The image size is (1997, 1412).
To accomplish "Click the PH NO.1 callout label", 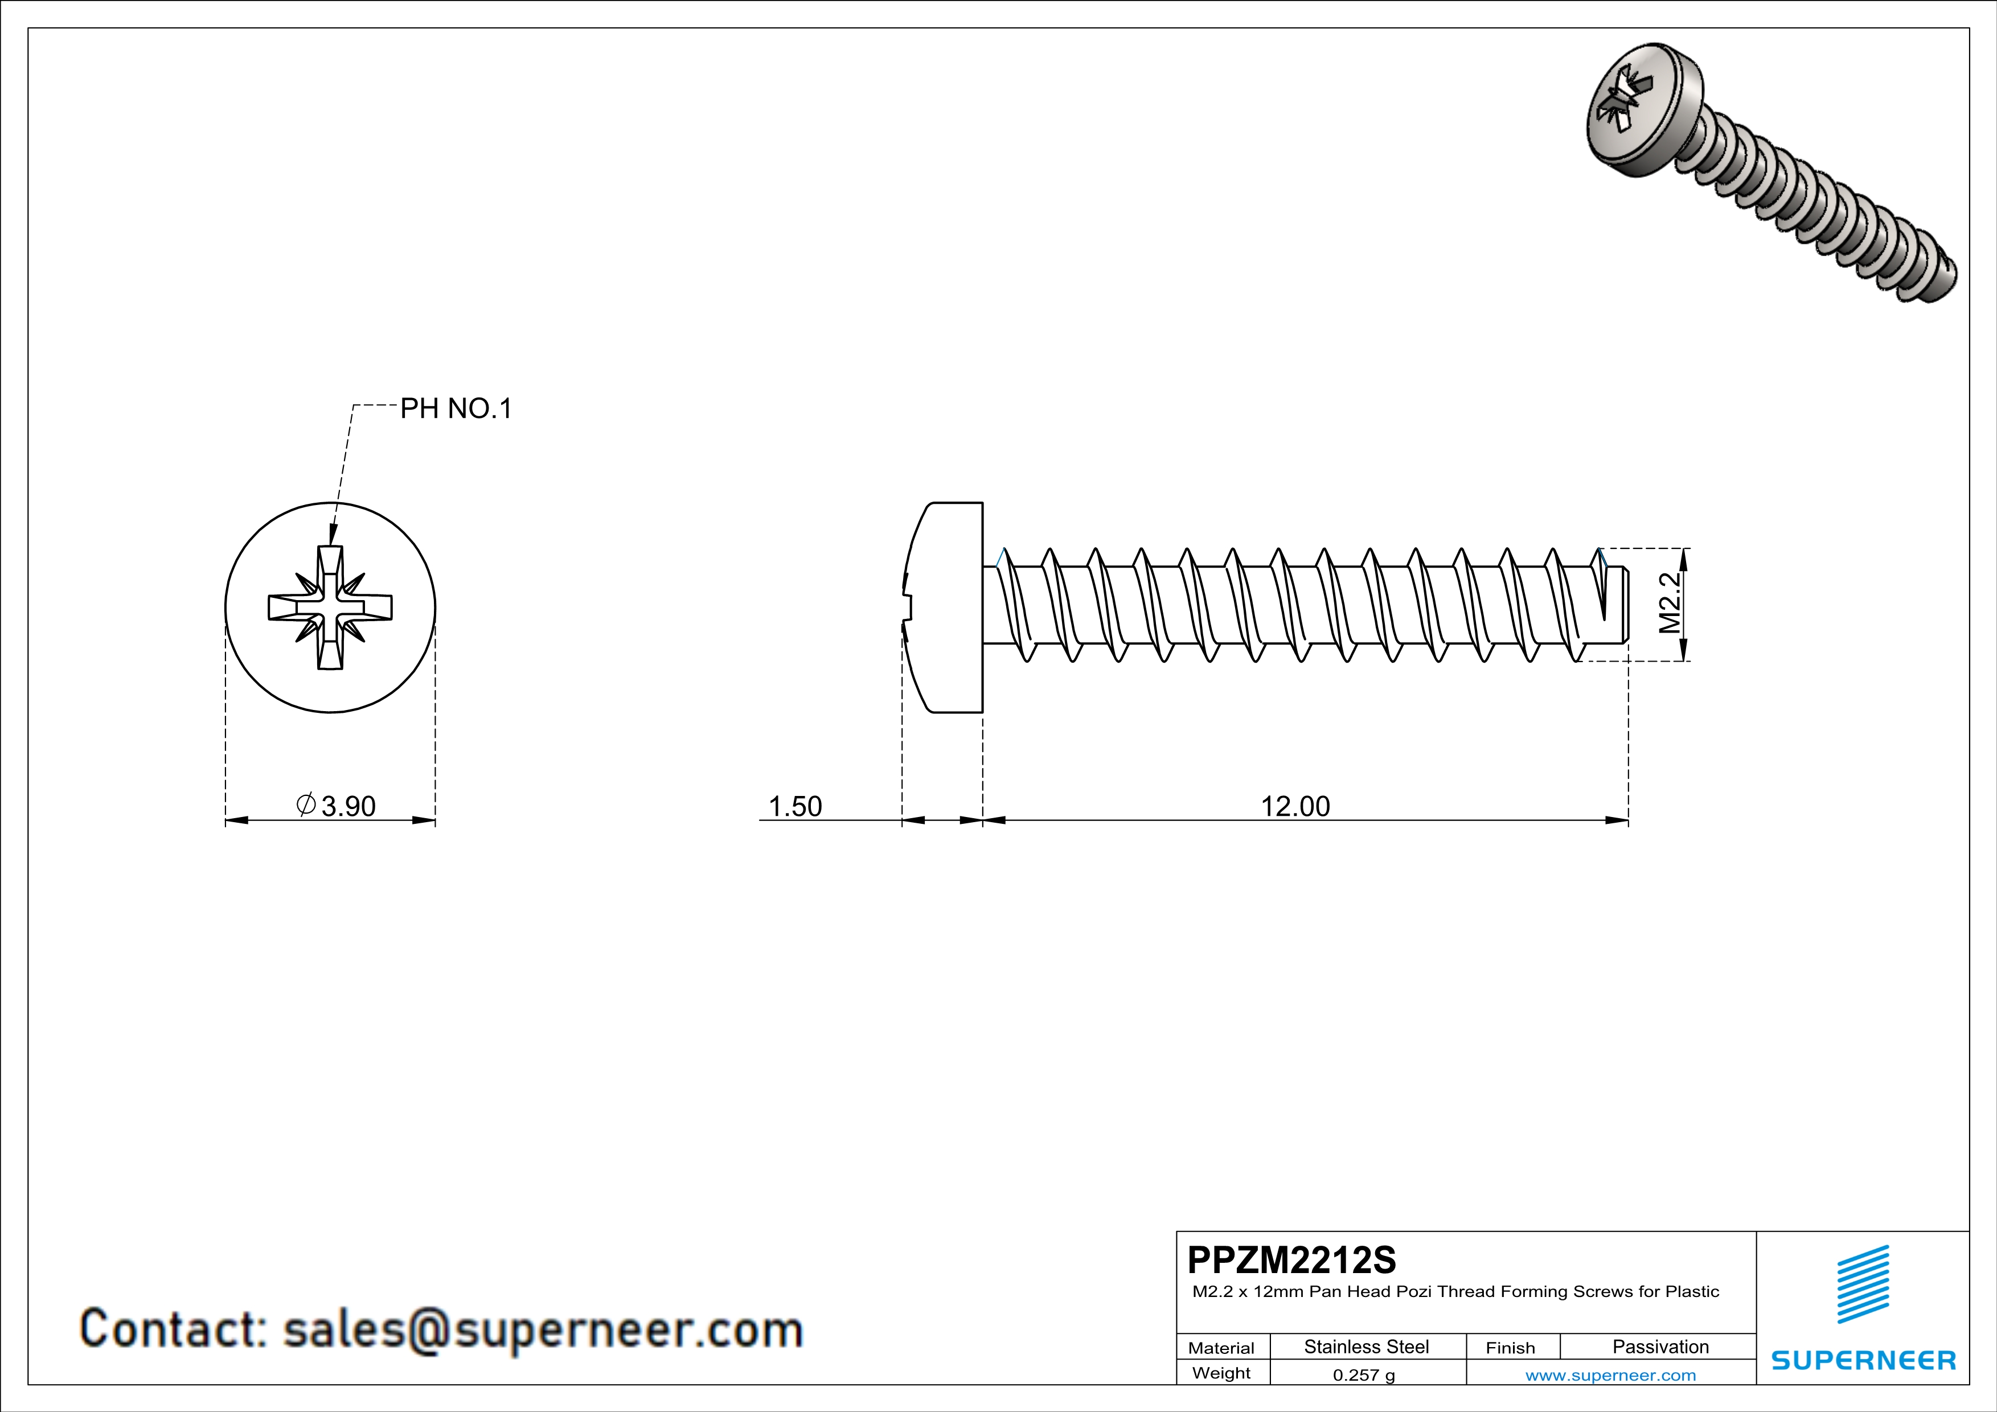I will click(x=456, y=409).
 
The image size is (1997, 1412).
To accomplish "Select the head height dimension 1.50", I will click(x=795, y=806).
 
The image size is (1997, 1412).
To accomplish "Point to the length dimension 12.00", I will click(x=1295, y=806).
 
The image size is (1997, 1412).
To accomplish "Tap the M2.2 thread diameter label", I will click(x=1669, y=604).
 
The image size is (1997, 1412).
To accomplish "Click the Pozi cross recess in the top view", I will click(x=330, y=608).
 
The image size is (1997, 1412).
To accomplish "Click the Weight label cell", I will click(x=1221, y=1373).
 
